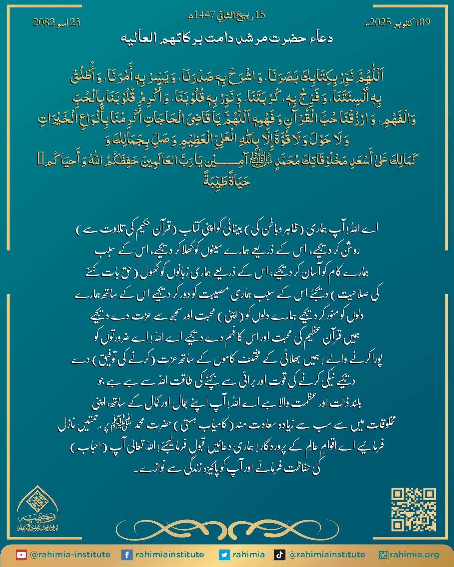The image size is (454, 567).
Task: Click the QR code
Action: coord(414,510)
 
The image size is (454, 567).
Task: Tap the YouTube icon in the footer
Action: coord(21,555)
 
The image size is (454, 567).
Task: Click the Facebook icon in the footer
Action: coord(126,555)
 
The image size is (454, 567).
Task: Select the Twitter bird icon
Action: coord(224,555)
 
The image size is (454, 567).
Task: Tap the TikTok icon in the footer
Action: coord(279,555)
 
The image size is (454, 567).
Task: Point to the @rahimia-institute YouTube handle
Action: coord(70,555)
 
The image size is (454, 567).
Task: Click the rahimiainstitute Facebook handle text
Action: coord(169,555)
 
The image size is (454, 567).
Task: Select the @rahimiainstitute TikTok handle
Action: coord(327,555)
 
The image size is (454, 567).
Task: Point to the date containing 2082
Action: coord(57,23)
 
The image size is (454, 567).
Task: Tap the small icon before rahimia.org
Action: coord(384,555)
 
